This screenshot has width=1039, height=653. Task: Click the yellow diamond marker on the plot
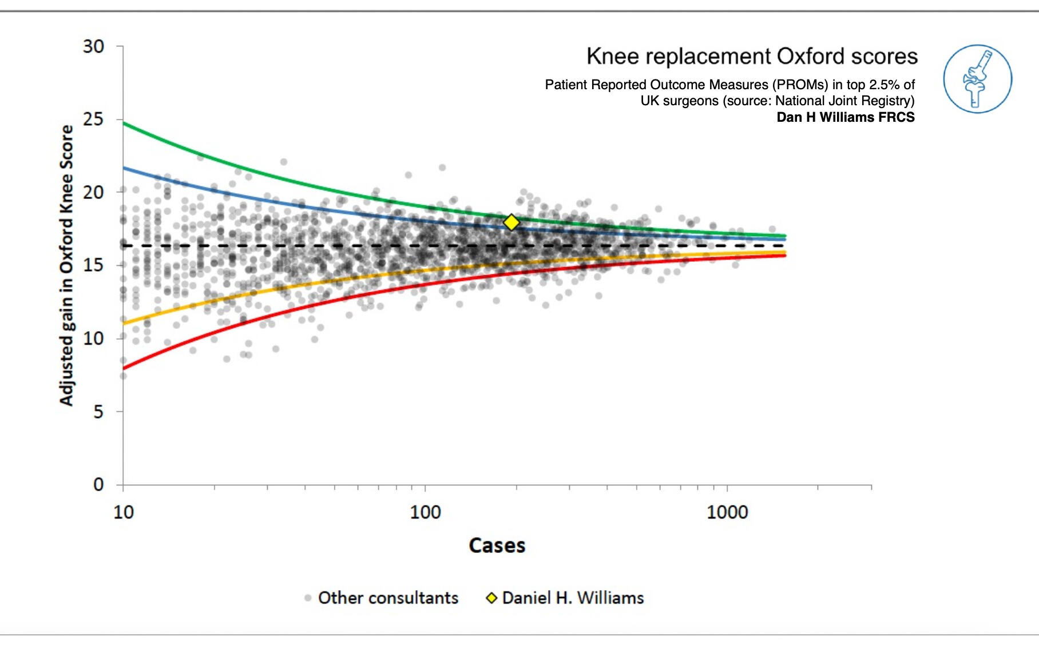tap(511, 222)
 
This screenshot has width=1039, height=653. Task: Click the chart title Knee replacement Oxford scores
tap(752, 57)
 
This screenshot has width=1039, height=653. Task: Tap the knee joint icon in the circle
tap(977, 79)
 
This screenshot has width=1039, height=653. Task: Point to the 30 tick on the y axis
tap(93, 46)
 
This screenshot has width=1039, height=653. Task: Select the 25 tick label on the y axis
tap(93, 120)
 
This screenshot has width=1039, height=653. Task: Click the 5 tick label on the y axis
tap(98, 412)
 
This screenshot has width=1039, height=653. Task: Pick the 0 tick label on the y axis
tap(98, 485)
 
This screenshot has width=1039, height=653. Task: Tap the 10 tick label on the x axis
tap(124, 512)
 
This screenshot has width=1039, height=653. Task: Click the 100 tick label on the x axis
tap(425, 512)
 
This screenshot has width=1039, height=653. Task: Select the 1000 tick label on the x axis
tap(727, 512)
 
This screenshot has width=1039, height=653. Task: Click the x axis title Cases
tap(497, 546)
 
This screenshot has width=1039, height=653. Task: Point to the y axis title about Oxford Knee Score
tap(67, 265)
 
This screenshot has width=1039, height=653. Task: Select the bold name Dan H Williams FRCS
tap(845, 117)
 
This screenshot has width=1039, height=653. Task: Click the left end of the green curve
tap(125, 124)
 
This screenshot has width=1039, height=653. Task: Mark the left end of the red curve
tap(125, 368)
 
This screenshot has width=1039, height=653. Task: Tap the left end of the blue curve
tap(125, 168)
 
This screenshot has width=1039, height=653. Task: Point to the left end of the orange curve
tap(125, 324)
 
